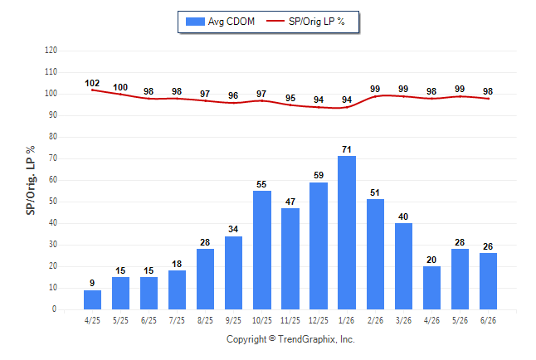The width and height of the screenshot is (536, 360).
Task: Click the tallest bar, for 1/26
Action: [347, 232]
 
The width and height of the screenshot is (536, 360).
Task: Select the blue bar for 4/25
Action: [92, 299]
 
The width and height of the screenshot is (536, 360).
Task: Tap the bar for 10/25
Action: [262, 250]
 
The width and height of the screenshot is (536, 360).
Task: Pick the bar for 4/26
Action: [431, 288]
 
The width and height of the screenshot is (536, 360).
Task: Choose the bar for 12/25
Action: [319, 246]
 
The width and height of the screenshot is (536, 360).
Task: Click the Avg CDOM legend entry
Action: [220, 22]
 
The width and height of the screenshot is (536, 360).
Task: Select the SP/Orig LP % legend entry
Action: [305, 22]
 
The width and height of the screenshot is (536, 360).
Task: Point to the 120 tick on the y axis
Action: [51, 51]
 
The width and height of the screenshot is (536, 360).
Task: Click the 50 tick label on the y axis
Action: [52, 202]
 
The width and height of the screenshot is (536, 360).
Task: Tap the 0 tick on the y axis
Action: [54, 309]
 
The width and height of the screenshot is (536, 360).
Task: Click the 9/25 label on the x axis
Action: [233, 320]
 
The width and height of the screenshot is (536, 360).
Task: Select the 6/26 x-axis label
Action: [488, 320]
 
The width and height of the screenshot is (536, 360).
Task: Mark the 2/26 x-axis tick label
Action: [375, 320]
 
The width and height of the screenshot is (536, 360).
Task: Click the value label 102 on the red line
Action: [92, 83]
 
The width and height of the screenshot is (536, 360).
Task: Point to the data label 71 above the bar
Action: [347, 149]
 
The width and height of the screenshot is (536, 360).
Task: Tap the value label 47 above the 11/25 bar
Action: [290, 202]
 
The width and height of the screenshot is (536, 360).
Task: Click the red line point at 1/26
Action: [347, 107]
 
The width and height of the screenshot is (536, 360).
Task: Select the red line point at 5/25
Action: [120, 94]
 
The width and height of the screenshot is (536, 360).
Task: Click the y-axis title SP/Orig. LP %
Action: [31, 180]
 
